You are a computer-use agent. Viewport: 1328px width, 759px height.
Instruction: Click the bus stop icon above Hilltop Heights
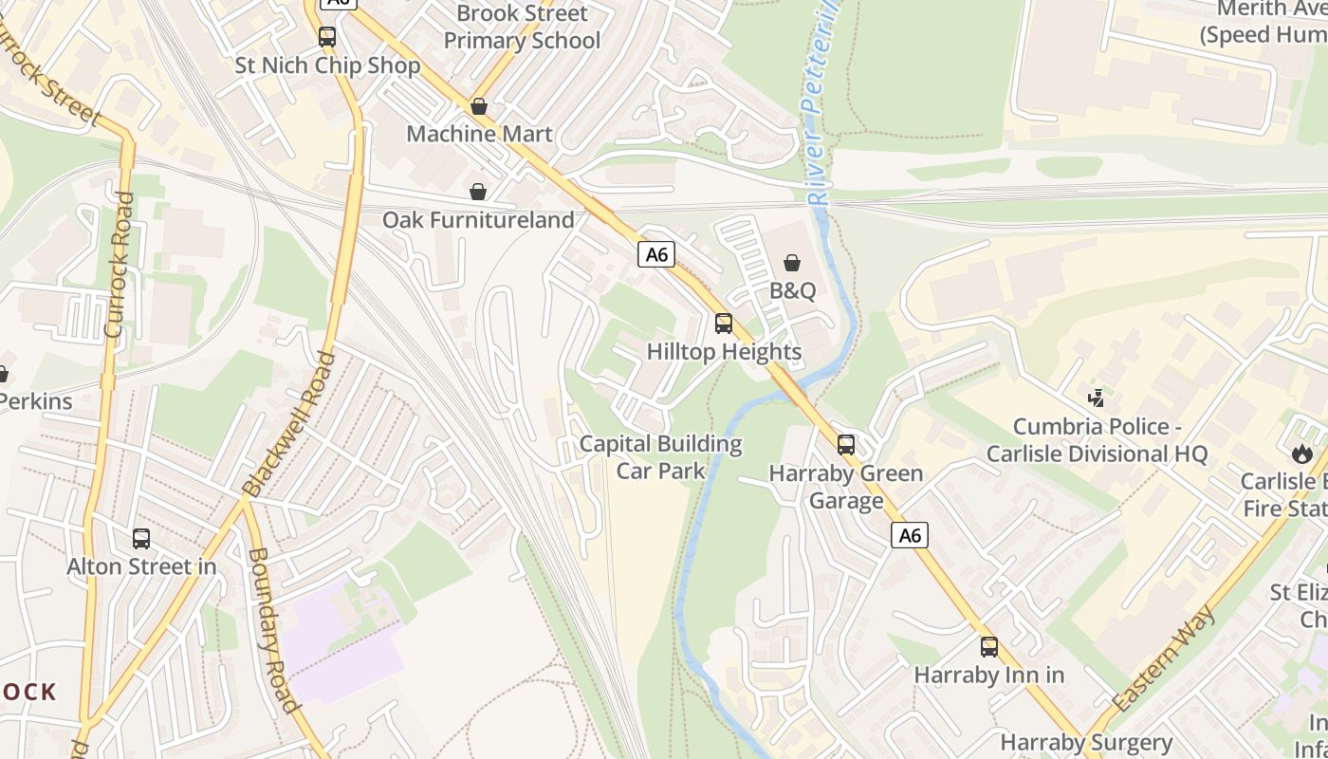(x=724, y=324)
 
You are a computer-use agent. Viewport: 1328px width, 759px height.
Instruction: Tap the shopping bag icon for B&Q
(x=792, y=263)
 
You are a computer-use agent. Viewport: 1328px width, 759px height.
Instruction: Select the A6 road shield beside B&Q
(x=655, y=254)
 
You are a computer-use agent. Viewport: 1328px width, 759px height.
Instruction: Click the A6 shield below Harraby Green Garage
(x=910, y=536)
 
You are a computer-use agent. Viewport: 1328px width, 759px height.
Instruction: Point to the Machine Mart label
(x=479, y=134)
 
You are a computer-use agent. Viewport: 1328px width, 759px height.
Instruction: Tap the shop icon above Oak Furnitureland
(x=479, y=193)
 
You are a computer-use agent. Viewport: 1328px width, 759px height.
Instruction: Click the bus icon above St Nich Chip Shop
(x=327, y=37)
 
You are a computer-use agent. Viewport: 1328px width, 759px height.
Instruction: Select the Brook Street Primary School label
(x=522, y=27)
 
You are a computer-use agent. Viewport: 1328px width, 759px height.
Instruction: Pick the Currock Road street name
(x=119, y=266)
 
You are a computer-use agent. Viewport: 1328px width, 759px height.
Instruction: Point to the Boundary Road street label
(x=272, y=629)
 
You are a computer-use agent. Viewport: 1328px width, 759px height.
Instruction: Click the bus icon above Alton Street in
(x=141, y=539)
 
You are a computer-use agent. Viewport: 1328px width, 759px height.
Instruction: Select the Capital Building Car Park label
(x=660, y=456)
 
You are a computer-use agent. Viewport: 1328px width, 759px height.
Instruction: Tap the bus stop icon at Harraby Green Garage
(x=846, y=445)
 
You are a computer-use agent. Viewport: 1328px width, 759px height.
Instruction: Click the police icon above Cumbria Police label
(x=1097, y=398)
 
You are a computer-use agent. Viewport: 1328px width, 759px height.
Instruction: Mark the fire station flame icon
(x=1301, y=454)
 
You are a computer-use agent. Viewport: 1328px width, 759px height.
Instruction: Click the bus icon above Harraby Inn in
(x=989, y=647)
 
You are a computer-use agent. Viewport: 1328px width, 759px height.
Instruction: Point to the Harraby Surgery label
(x=1086, y=742)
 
